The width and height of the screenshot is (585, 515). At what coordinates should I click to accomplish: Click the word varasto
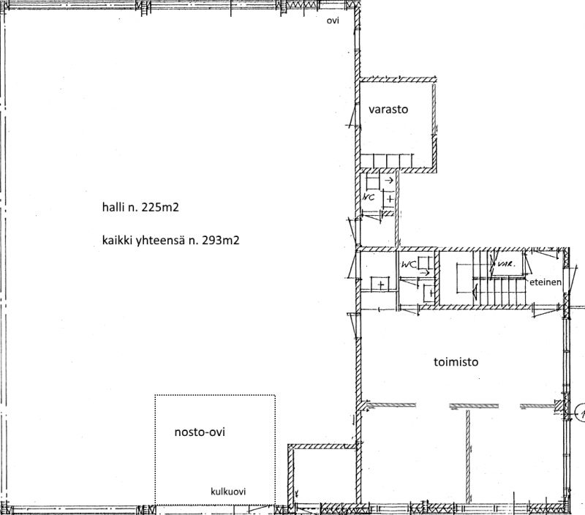(x=388, y=109)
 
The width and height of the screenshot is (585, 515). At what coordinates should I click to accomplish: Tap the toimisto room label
(x=456, y=362)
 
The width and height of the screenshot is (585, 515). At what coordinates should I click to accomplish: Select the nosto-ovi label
(x=200, y=432)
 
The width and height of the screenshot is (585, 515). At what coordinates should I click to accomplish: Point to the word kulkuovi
(x=228, y=492)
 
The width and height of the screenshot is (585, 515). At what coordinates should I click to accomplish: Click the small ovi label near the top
(x=333, y=20)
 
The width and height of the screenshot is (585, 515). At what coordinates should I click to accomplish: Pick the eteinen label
(x=546, y=282)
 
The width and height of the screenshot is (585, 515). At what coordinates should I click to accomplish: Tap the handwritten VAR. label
(x=506, y=263)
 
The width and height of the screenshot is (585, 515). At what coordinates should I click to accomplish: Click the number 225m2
(x=160, y=207)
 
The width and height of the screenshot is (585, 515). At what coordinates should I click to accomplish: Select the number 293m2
(x=221, y=240)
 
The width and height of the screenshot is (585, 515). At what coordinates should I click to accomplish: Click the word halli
(x=113, y=207)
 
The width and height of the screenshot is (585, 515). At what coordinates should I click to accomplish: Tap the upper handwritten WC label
(x=369, y=197)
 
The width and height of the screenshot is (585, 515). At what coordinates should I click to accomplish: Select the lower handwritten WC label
(x=409, y=265)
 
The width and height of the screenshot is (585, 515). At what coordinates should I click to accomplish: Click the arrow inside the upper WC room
(x=389, y=181)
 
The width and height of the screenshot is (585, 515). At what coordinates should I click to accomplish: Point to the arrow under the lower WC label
(x=425, y=273)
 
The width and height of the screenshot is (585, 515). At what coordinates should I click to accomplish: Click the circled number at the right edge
(x=581, y=413)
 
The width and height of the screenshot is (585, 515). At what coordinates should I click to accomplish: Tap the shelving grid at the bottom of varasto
(x=387, y=160)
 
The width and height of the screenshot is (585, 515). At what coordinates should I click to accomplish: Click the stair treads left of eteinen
(x=500, y=290)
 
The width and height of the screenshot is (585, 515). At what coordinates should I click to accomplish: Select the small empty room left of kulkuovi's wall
(x=323, y=475)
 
